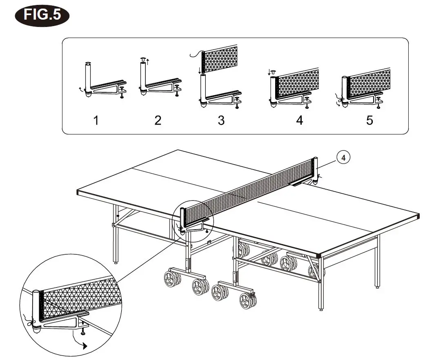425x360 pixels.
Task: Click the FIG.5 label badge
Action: coord(42,15)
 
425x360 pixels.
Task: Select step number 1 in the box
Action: coord(96,120)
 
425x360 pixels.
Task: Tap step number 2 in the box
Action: coord(158,120)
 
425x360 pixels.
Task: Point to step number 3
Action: coord(221,120)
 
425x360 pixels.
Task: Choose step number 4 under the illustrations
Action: coord(300,120)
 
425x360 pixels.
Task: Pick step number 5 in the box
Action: coord(369,120)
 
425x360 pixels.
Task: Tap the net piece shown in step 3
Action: coord(221,60)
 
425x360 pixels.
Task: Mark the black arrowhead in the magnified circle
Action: coord(85,346)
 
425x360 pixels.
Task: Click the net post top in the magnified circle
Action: coord(36,293)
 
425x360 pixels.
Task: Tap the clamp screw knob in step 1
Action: coord(122,96)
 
